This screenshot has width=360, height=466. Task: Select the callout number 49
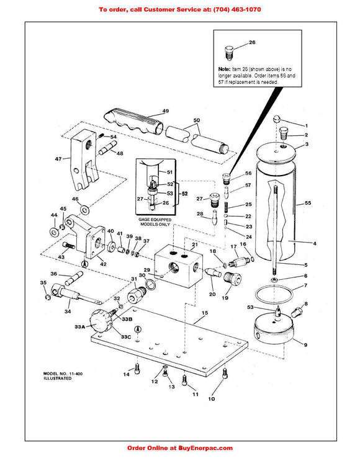(166, 110)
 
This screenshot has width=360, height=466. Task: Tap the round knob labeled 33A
(100, 322)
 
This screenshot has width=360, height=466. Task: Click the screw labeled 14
(137, 372)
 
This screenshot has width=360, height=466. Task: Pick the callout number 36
(53, 274)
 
